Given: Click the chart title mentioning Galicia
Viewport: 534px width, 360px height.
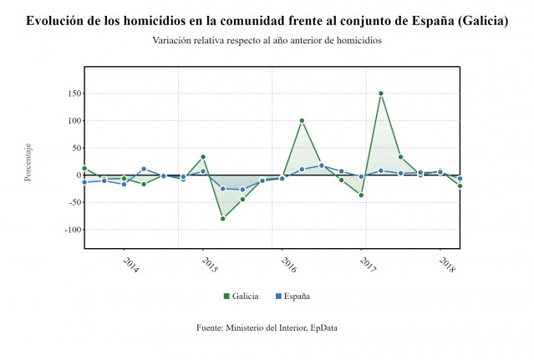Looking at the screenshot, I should tap(267, 21).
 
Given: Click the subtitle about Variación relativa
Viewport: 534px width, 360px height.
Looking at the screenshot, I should tap(267, 41).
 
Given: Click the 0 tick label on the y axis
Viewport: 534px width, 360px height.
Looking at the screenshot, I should tap(76, 175).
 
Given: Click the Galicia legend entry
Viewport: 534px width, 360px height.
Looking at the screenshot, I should tap(241, 297).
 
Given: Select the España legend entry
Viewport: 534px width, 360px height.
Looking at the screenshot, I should tap(292, 297).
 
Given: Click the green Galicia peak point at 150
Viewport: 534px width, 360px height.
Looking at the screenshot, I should tap(381, 94).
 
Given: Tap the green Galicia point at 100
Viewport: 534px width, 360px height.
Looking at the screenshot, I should tap(302, 121).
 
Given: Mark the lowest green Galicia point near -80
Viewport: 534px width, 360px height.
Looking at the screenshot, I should tap(223, 219).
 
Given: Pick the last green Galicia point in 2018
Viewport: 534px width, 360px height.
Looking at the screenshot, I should tap(460, 186).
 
